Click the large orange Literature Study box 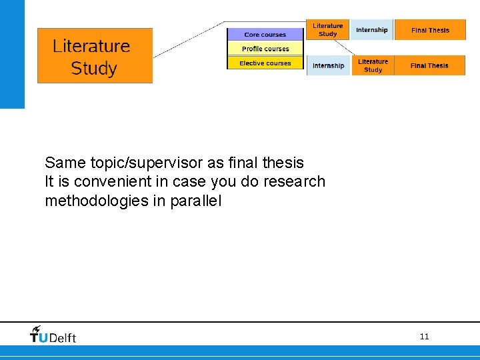pyautogui.click(x=95, y=55)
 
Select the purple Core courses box pyautogui.click(x=265, y=35)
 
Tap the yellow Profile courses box pyautogui.click(x=265, y=49)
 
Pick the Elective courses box pyautogui.click(x=265, y=63)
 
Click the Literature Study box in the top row pyautogui.click(x=327, y=30)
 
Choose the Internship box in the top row pyautogui.click(x=371, y=30)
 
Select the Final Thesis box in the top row pyautogui.click(x=430, y=30)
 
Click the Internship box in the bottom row pyautogui.click(x=328, y=65)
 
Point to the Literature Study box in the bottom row pyautogui.click(x=373, y=65)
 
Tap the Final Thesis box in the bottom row pyautogui.click(x=429, y=65)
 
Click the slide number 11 pyautogui.click(x=424, y=337)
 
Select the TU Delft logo pyautogui.click(x=53, y=335)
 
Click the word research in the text pyautogui.click(x=294, y=181)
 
